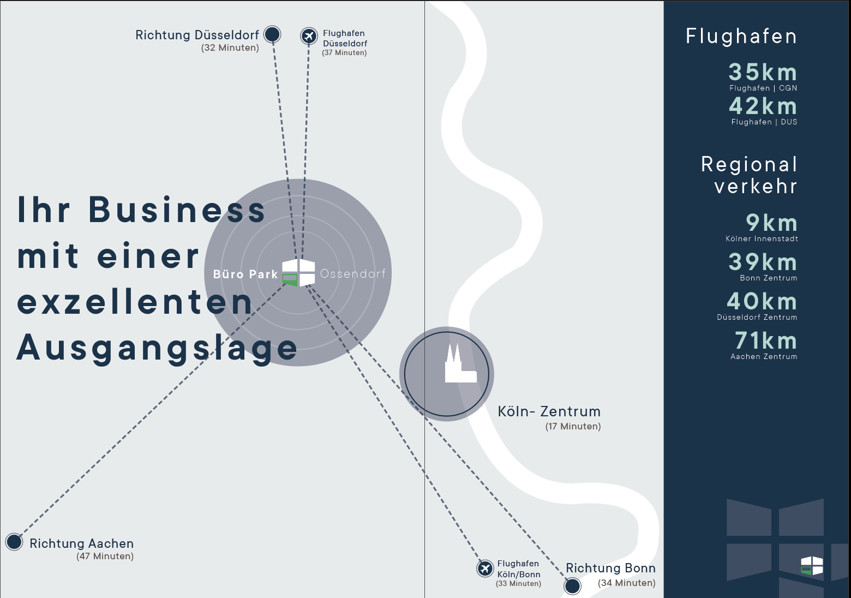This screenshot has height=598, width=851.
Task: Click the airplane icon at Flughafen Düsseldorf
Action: [x=309, y=37]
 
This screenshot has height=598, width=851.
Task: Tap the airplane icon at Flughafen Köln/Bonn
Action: [x=485, y=569]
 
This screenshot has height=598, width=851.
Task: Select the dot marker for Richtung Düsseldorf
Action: [x=272, y=34]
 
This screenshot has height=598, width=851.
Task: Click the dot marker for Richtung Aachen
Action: [x=14, y=542]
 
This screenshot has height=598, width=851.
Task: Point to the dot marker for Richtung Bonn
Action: [x=572, y=586]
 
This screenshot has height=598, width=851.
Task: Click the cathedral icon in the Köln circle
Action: [x=460, y=363]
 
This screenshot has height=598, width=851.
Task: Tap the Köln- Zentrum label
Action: [x=549, y=411]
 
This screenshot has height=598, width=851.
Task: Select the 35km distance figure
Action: [x=763, y=72]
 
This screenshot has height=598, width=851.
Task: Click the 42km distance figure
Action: [x=763, y=106]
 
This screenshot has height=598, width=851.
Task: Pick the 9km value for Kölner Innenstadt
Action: [x=771, y=223]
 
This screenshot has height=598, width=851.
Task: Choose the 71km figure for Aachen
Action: [x=765, y=340]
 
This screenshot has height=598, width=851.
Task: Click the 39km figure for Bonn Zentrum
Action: [x=763, y=262]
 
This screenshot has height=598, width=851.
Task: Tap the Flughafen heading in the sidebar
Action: [x=741, y=37]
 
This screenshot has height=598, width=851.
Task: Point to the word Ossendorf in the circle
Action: [x=353, y=273]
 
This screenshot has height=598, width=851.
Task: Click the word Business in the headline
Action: [x=177, y=210]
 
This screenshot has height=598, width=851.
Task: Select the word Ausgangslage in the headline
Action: [x=157, y=349]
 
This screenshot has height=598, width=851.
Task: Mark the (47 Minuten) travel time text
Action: [x=105, y=556]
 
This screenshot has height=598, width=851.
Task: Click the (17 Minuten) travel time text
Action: [x=573, y=426]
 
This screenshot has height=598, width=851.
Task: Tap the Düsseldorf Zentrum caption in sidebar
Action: [x=757, y=317]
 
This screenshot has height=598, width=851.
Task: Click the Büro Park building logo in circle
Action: [x=298, y=273]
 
